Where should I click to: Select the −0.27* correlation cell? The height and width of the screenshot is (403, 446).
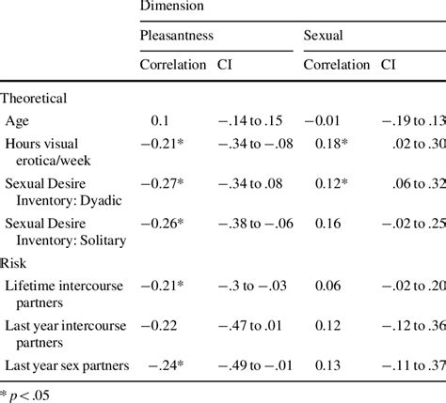coord(162,186)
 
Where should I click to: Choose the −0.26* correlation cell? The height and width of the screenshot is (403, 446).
coord(162,226)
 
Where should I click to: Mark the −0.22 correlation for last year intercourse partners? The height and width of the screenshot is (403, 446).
coord(159,325)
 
